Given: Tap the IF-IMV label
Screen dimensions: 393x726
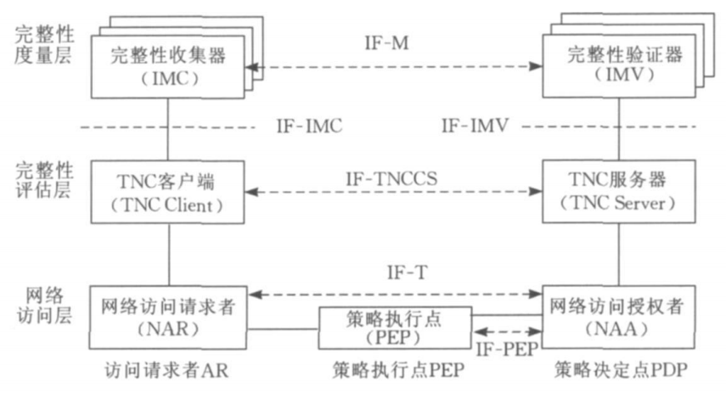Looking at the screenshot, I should [x=476, y=128].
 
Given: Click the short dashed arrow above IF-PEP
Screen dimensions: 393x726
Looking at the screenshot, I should [x=506, y=332].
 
